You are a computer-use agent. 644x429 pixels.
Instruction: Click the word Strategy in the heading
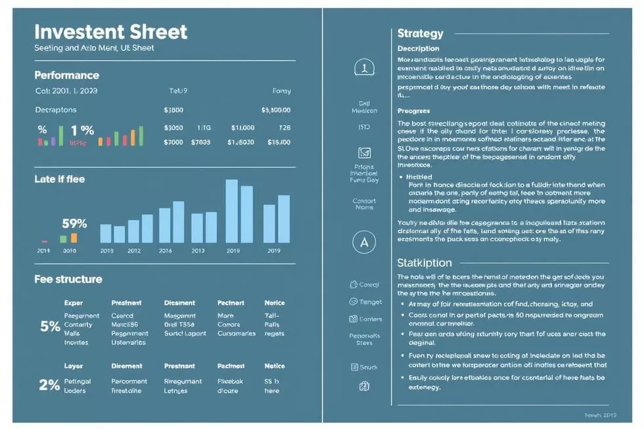[x=420, y=34]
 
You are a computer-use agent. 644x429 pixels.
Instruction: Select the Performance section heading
[x=66, y=76]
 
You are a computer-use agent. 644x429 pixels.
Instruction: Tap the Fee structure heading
[x=68, y=279]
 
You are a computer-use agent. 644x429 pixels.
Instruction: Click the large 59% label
[x=74, y=224]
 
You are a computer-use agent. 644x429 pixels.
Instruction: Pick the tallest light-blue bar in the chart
[x=232, y=211]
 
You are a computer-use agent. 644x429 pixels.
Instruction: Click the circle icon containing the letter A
[x=364, y=242]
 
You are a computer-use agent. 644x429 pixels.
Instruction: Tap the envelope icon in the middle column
[x=364, y=152]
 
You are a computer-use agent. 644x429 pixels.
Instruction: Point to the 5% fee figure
[x=50, y=327]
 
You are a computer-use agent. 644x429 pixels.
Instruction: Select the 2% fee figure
[x=49, y=386]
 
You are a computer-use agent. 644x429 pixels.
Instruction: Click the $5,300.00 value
[x=275, y=110]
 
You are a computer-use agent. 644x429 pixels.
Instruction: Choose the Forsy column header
[x=281, y=91]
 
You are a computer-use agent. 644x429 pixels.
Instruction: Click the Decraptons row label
[x=56, y=110]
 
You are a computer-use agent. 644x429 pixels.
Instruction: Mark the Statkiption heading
[x=424, y=263]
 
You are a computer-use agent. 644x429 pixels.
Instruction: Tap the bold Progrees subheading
[x=413, y=111]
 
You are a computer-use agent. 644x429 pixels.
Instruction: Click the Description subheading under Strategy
[x=418, y=49]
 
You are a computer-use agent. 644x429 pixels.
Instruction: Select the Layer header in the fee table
[x=73, y=366]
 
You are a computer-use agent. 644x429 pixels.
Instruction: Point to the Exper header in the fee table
[x=73, y=303]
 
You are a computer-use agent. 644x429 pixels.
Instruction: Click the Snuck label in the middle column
[x=369, y=367]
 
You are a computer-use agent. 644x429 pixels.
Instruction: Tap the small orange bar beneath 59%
[x=74, y=238]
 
